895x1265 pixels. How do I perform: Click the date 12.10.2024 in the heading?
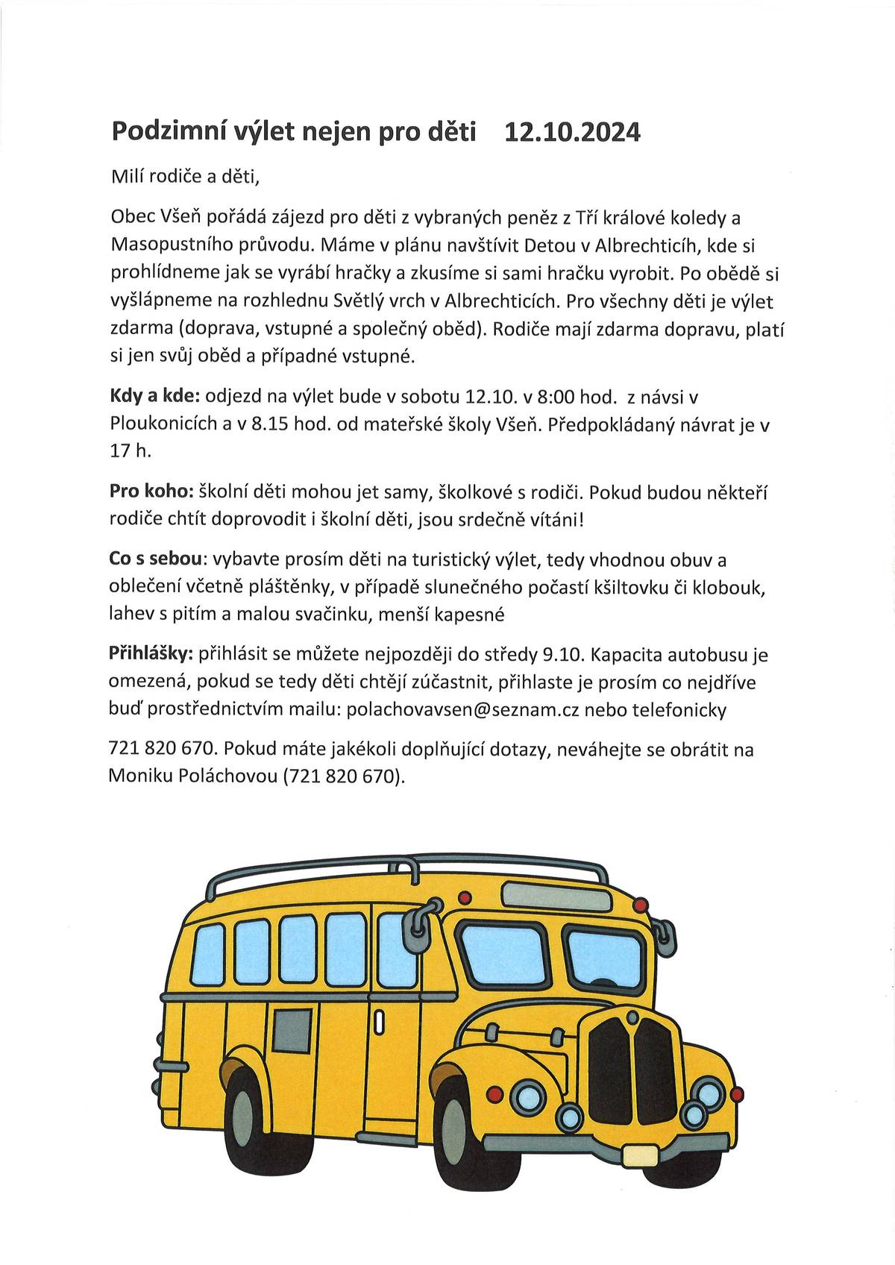point(572,132)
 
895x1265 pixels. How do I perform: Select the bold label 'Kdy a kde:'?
point(155,398)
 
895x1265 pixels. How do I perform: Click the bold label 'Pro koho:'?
point(151,492)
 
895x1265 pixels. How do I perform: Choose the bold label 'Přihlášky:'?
point(151,655)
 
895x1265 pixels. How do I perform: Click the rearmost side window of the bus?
point(208,954)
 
